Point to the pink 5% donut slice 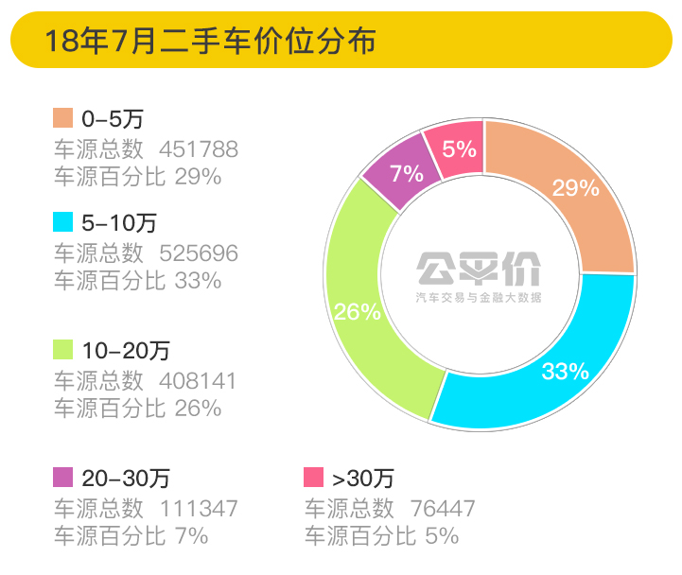456,148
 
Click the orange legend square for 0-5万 62,118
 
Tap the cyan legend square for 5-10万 62,222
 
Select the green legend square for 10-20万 62,350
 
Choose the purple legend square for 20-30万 62,477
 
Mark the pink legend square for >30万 314,477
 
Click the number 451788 199,148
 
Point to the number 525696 199,253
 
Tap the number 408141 199,380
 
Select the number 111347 199,508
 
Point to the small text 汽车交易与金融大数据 480,298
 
